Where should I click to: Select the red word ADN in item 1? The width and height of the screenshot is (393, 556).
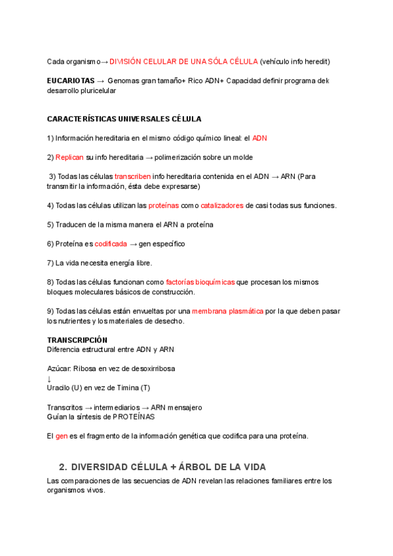point(260,138)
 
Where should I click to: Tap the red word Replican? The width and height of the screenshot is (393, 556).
point(69,157)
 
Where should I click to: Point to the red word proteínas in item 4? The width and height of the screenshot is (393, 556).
point(163,205)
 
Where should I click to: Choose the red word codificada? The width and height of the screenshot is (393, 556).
point(111,244)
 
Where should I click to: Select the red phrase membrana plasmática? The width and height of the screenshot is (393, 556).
point(227,311)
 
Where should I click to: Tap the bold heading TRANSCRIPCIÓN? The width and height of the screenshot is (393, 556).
point(77,340)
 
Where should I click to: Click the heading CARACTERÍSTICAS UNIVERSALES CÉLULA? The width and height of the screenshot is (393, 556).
point(124,119)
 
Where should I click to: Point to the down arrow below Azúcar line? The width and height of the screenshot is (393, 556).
point(49,378)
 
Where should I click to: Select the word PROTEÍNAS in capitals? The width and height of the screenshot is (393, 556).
point(135,416)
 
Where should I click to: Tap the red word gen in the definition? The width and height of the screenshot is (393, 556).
point(62,436)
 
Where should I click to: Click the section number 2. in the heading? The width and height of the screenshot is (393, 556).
point(63,467)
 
